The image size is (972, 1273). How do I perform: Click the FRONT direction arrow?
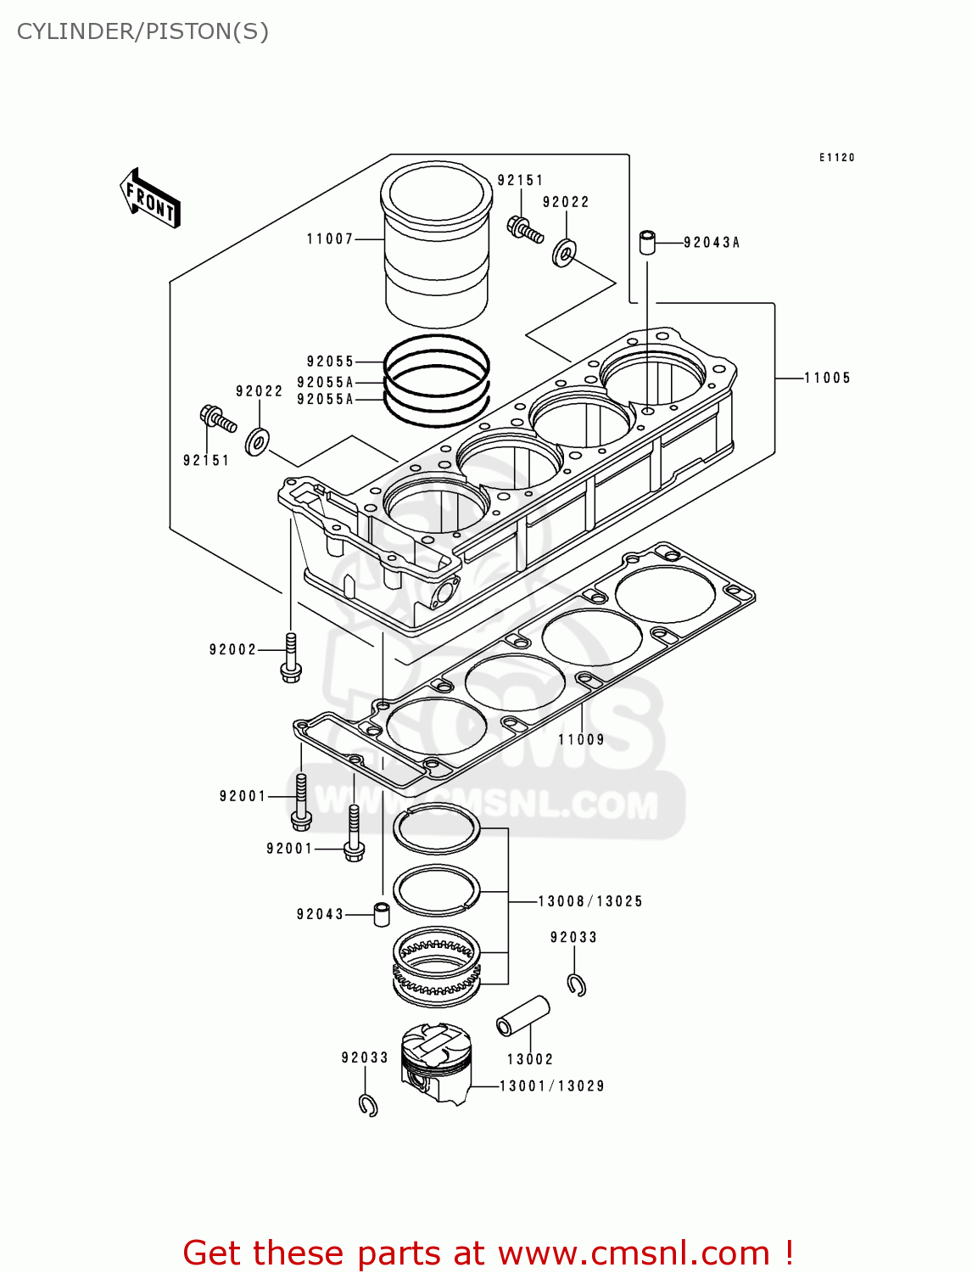coord(150,199)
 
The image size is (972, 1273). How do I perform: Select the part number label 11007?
coord(330,239)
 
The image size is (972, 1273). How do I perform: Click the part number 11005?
coord(827,379)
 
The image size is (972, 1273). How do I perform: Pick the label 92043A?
coord(712,243)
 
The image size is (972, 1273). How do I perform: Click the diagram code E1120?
coord(836,158)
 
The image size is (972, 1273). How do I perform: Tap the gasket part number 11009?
coord(581,740)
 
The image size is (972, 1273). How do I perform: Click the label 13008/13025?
coord(590,901)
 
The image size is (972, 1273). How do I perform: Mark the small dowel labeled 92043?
coord(382,915)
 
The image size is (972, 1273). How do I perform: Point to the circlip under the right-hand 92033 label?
coord(577,984)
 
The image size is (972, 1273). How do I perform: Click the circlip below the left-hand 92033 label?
coord(368,1105)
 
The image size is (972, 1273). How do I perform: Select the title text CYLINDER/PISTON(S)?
coord(142,31)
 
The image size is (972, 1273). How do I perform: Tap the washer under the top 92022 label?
coord(564,252)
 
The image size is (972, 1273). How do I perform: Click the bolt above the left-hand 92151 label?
coord(217,418)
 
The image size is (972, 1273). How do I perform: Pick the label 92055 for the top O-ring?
coord(330,362)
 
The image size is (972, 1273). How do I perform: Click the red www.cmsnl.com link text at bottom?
coord(633,1253)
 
